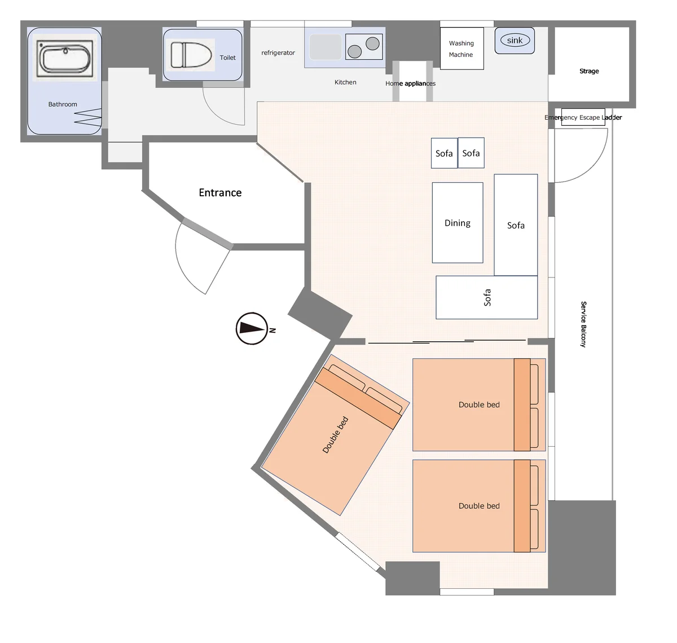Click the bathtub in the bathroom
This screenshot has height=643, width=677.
65,58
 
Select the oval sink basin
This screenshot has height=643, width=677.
515,40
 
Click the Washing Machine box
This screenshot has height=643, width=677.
462,49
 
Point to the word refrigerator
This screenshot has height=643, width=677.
278,52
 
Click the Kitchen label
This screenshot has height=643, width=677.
345,82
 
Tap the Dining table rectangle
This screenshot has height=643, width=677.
458,223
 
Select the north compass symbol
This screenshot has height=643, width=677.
252,329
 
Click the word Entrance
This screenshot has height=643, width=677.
220,192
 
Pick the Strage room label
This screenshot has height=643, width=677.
589,71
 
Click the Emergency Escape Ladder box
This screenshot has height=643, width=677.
583,117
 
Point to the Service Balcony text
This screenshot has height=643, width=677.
583,324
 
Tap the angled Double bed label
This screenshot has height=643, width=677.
335,435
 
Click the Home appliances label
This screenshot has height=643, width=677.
410,83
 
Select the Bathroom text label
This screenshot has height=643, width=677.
63,104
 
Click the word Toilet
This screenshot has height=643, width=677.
227,58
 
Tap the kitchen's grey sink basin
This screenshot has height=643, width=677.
326,47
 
